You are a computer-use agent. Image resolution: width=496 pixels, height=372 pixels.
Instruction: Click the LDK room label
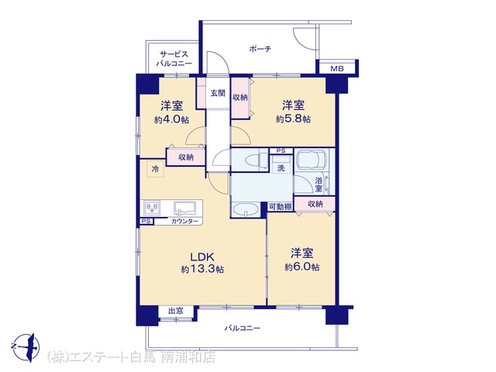(x=202, y=257)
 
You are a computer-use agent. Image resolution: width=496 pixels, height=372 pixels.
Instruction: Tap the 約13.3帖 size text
(x=202, y=269)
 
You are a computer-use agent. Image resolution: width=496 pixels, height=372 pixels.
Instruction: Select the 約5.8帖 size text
(x=293, y=119)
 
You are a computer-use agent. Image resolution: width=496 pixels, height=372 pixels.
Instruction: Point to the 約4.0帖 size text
(x=172, y=119)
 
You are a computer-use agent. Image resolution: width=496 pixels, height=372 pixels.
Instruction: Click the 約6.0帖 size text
(x=301, y=267)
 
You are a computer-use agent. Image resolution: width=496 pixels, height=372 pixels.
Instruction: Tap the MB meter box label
(x=337, y=68)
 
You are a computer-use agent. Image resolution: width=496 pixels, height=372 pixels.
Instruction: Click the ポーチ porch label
(x=260, y=49)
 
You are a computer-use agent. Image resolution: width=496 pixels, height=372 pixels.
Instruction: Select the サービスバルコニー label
(x=174, y=59)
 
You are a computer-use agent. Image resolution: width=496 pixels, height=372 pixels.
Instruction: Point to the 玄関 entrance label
(x=218, y=93)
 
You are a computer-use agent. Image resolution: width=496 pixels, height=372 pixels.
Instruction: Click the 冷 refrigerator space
(x=155, y=169)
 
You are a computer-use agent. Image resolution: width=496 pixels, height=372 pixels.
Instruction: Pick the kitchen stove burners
(x=152, y=208)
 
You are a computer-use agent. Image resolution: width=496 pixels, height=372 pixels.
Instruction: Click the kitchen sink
(x=184, y=208)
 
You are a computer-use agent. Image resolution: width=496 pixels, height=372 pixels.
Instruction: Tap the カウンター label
(x=184, y=221)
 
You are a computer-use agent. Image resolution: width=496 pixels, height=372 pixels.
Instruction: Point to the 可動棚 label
(x=280, y=207)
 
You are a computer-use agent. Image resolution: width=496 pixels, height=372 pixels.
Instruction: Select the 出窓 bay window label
(x=176, y=311)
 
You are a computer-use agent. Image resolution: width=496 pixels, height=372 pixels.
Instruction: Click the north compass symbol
(x=28, y=347)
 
